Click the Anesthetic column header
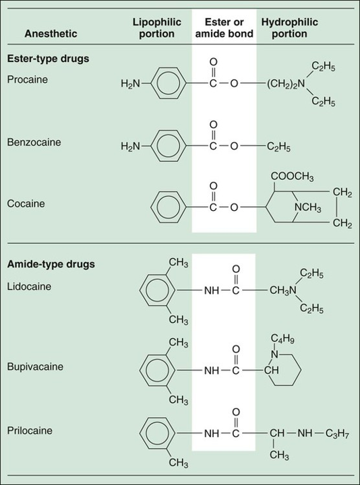pyautogui.click(x=51, y=34)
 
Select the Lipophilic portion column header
pyautogui.click(x=156, y=28)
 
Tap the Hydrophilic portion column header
pyautogui.click(x=289, y=28)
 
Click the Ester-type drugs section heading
pyautogui.click(x=49, y=59)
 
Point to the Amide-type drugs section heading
pyautogui.click(x=51, y=265)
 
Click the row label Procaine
pyautogui.click(x=28, y=79)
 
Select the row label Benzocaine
pyautogui.click(x=34, y=142)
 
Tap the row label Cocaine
pyautogui.click(x=26, y=203)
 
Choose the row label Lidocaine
pyautogui.click(x=29, y=286)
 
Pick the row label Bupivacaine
pyautogui.click(x=35, y=366)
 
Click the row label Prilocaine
pyautogui.click(x=30, y=430)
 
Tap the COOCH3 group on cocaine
pyautogui.click(x=292, y=177)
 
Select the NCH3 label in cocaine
pyautogui.click(x=307, y=207)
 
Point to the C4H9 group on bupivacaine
pyautogui.click(x=282, y=339)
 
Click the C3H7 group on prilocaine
pyautogui.click(x=337, y=434)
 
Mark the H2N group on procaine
pyautogui.click(x=130, y=84)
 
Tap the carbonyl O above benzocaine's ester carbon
pyautogui.click(x=213, y=125)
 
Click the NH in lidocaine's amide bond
pyautogui.click(x=212, y=291)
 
